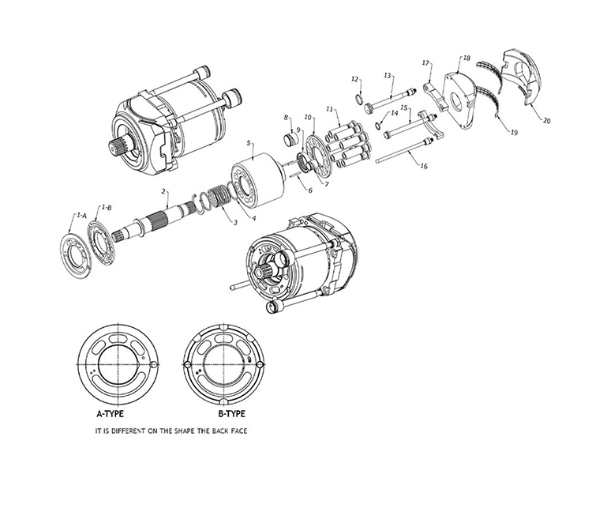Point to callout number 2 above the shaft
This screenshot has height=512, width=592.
(x=163, y=191)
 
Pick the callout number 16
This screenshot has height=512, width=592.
(x=424, y=167)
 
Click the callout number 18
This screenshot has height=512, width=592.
(x=466, y=58)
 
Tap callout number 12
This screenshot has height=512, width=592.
(x=355, y=79)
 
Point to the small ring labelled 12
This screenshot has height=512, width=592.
(x=361, y=99)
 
